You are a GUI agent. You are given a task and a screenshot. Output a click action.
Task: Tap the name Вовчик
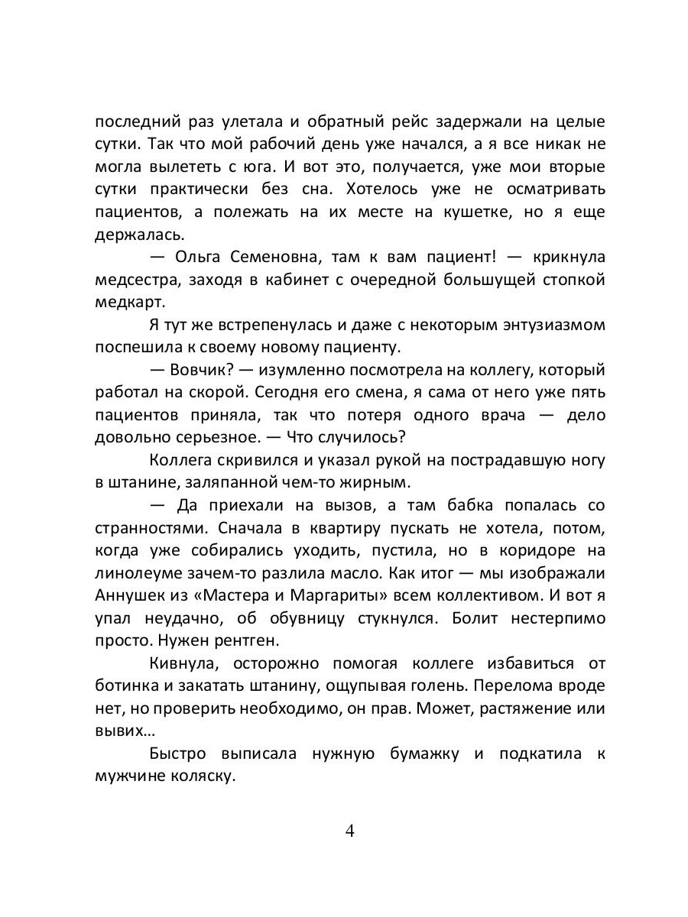(201, 371)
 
